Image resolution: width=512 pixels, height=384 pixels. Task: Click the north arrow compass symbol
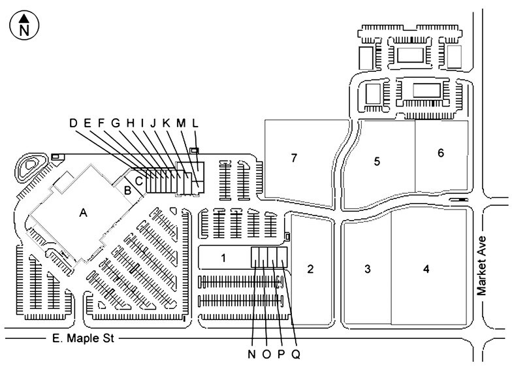tap(25, 25)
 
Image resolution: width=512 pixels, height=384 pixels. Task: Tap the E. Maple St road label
tap(84, 338)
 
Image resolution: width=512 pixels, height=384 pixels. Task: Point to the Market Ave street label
tap(482, 266)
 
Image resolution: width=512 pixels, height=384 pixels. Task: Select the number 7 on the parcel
tap(294, 158)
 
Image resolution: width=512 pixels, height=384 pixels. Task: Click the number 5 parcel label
tap(377, 161)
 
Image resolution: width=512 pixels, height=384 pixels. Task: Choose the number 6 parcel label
tap(441, 153)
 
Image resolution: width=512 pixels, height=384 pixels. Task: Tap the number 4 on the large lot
tap(426, 269)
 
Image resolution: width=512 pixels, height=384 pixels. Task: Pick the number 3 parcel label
tap(368, 269)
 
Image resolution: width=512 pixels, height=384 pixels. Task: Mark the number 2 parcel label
tap(310, 269)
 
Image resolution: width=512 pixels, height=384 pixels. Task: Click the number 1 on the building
tap(223, 259)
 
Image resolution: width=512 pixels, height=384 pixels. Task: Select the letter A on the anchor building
tap(84, 213)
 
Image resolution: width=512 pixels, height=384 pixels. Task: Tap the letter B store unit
tap(128, 190)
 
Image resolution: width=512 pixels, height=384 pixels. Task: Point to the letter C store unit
tap(138, 181)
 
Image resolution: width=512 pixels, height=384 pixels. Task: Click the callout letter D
tap(73, 123)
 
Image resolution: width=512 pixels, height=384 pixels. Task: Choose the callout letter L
tap(195, 123)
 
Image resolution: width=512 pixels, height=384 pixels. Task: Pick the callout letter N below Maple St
tap(251, 354)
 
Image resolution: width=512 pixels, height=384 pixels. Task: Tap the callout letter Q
tap(296, 354)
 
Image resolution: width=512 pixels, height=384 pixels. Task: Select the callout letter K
tap(166, 123)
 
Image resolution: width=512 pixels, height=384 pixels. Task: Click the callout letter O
tap(266, 354)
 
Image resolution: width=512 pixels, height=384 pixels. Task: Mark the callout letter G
tap(116, 123)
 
